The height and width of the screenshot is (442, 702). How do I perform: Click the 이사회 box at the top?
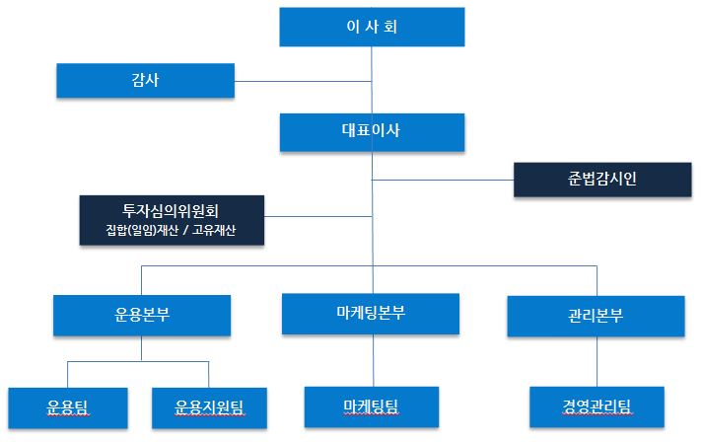[372, 27]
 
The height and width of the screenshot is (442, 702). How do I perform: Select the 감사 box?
[146, 81]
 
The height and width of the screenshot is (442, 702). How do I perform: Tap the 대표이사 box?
[372, 132]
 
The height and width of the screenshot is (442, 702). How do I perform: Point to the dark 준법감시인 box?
[602, 180]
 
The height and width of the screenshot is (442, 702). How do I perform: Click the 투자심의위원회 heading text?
[171, 210]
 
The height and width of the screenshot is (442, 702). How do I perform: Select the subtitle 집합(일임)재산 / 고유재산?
[171, 230]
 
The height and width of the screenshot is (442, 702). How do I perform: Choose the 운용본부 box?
[142, 316]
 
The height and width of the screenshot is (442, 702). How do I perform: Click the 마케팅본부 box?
[371, 314]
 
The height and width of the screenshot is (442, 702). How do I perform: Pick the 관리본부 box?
[596, 316]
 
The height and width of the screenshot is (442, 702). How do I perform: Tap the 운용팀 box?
[68, 408]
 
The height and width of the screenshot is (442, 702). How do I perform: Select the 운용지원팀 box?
[210, 408]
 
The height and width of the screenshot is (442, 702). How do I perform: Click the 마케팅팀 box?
[372, 407]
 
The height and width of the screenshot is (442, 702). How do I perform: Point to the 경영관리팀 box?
[597, 407]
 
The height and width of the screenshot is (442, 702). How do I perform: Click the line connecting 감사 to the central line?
[303, 82]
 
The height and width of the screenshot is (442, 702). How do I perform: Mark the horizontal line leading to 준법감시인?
[443, 180]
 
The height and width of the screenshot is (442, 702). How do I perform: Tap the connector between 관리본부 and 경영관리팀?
[597, 362]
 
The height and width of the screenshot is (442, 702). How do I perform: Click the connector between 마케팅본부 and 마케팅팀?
[374, 360]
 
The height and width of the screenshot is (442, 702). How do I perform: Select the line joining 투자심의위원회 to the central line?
[318, 217]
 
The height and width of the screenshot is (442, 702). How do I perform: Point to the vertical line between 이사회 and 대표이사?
[372, 80]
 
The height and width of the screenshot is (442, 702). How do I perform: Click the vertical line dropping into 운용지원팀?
[209, 375]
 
